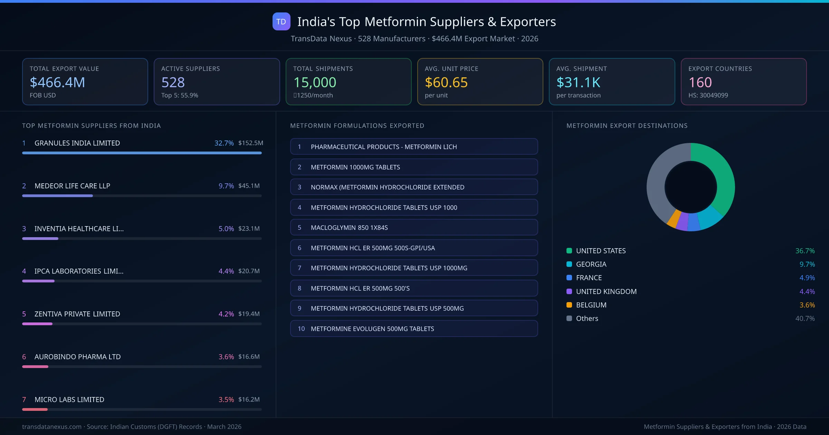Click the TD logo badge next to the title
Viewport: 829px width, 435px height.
point(281,22)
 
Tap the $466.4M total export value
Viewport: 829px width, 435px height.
point(57,83)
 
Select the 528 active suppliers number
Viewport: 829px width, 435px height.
point(173,83)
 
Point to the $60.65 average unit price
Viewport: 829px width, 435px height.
point(446,83)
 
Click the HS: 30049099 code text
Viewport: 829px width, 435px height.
point(708,95)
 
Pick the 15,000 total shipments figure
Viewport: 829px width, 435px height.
point(314,83)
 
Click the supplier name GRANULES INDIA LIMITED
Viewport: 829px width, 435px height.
point(77,143)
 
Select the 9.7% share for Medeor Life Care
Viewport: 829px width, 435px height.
point(226,186)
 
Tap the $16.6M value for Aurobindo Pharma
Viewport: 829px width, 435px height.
point(249,357)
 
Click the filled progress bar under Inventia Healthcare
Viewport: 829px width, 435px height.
point(40,239)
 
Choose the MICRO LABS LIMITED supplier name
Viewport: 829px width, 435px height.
point(69,399)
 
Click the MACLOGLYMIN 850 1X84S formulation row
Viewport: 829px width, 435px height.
point(414,228)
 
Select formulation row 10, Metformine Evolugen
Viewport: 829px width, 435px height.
point(414,329)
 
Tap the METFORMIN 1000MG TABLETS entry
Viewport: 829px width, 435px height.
point(414,167)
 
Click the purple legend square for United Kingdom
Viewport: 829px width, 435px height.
point(569,291)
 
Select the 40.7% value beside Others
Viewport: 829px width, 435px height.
point(804,318)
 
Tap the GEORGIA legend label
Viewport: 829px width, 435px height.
point(591,264)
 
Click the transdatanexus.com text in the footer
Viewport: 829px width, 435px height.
point(52,427)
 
